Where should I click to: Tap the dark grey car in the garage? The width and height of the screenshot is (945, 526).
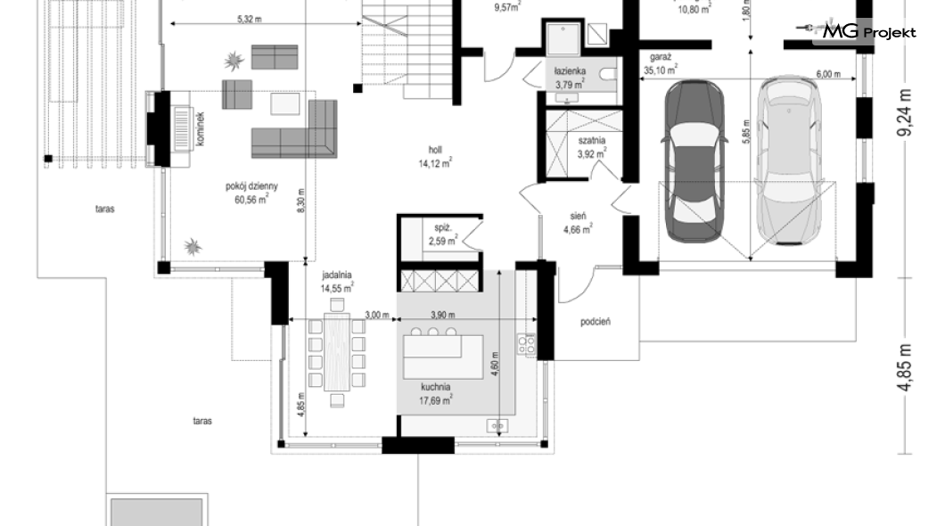[x=694, y=160]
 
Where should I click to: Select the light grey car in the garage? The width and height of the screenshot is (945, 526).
[x=788, y=160]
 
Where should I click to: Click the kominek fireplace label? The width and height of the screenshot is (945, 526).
[x=201, y=128]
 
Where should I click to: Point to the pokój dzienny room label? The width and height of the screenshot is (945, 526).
[x=252, y=187]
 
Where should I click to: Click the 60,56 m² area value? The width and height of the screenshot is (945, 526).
[x=251, y=200]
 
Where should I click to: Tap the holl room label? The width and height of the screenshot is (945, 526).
[x=435, y=150]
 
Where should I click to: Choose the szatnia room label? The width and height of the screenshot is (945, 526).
[x=592, y=140]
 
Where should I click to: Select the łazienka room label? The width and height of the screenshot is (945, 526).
[x=571, y=71]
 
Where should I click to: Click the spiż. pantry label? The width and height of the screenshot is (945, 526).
[x=443, y=227]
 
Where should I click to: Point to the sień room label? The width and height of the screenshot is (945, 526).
[x=578, y=216]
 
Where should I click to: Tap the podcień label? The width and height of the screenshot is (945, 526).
[x=596, y=322]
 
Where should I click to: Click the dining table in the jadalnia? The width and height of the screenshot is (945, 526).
[x=337, y=352]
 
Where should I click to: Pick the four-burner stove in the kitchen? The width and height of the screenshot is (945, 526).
[x=526, y=344]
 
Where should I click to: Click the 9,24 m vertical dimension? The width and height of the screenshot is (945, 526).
[x=904, y=112]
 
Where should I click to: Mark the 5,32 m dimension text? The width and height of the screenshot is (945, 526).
[x=249, y=20]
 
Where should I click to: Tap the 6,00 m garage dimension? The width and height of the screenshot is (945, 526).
[x=828, y=74]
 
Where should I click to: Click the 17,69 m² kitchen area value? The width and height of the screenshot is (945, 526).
[x=436, y=399]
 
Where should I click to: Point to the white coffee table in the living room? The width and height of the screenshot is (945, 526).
[x=285, y=103]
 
